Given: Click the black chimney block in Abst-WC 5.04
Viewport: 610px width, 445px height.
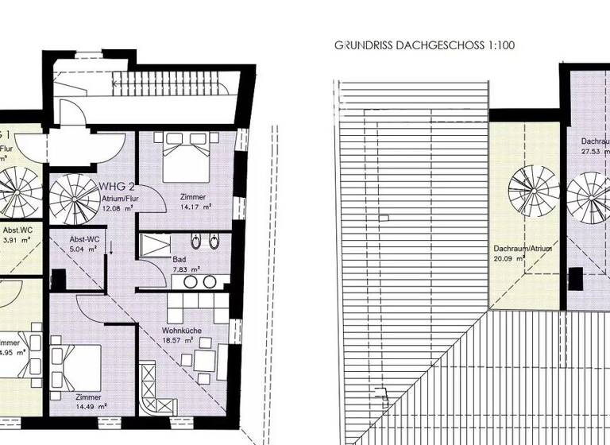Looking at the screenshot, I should (58, 279).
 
